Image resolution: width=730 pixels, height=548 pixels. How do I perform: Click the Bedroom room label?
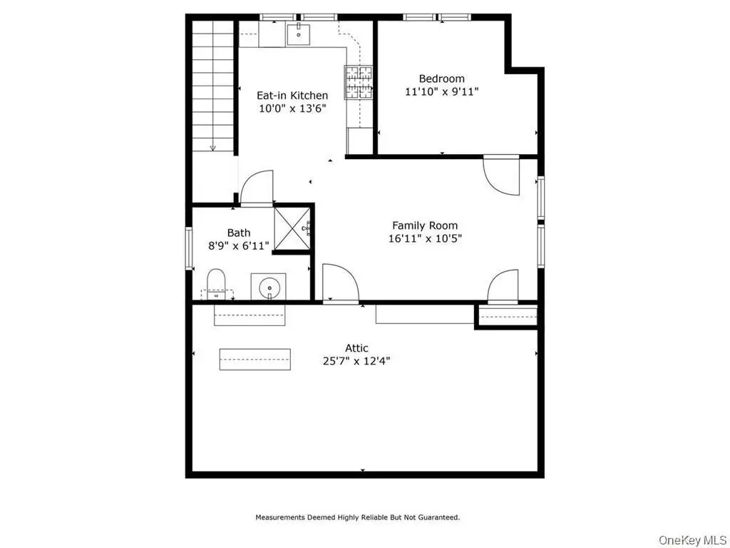[441, 78]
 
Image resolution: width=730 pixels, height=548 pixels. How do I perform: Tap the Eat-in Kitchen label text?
[292, 96]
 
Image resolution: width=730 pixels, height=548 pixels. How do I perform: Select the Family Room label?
[425, 226]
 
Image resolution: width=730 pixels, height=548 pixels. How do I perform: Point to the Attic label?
[356, 348]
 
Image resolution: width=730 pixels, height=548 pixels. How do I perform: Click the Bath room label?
[239, 233]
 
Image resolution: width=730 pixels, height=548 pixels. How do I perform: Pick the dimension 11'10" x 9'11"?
[442, 92]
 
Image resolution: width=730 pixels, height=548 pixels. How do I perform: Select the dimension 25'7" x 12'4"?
[356, 361]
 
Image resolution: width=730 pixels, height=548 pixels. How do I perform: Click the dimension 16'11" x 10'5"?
[425, 239]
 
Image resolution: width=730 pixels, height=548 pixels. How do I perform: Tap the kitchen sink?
[299, 34]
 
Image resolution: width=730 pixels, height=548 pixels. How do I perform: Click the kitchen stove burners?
[359, 82]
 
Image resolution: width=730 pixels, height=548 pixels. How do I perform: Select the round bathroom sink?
[269, 287]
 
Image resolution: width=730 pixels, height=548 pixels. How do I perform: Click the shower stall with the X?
[292, 229]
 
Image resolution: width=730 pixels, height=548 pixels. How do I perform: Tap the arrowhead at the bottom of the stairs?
[212, 148]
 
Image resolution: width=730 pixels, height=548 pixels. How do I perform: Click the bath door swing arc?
[256, 186]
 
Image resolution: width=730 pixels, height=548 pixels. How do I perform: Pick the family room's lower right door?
[503, 286]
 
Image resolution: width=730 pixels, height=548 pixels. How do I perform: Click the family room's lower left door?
[340, 283]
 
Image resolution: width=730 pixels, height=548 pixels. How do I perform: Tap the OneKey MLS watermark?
[693, 540]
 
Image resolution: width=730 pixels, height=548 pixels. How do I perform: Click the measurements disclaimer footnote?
[358, 517]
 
